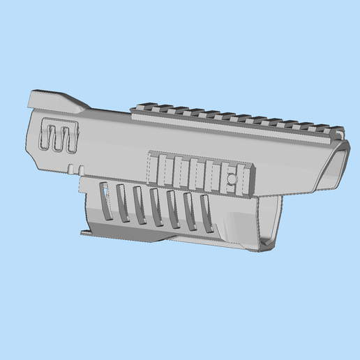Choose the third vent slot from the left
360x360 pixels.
(139, 204)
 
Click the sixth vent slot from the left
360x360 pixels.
(188, 211)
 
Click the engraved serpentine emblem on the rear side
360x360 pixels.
(59, 135)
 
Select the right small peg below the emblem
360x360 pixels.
(82, 168)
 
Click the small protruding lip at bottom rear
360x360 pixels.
(86, 231)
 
